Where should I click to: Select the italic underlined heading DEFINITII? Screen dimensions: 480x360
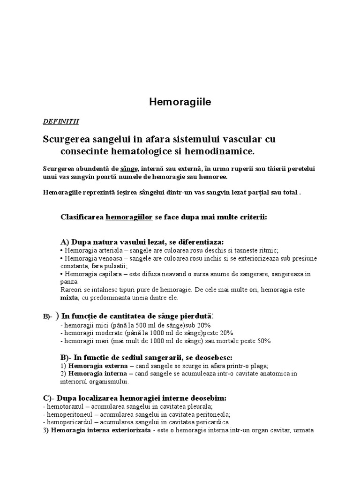pos(61,121)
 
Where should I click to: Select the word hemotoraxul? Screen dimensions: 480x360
pos(62,406)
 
